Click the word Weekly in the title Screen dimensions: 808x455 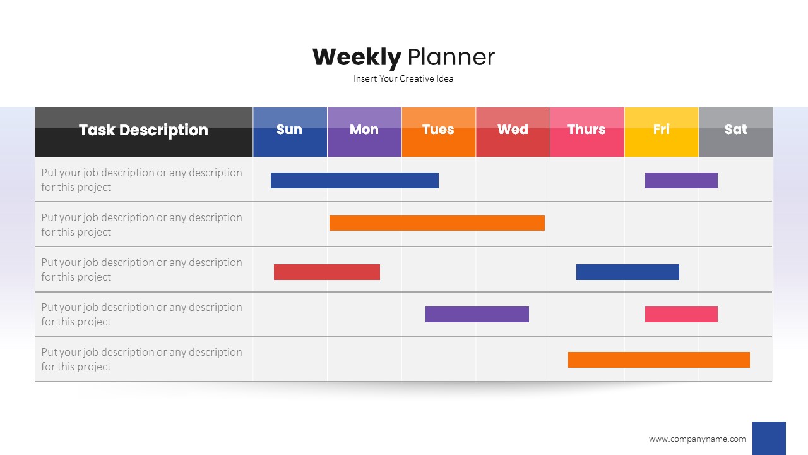pos(357,58)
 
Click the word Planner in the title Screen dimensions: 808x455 pos(451,57)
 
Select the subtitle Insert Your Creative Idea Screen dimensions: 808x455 pos(403,79)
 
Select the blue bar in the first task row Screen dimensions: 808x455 pos(355,180)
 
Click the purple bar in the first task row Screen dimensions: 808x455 pos(681,180)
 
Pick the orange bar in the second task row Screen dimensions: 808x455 pos(437,223)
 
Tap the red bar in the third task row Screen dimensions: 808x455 pos(327,272)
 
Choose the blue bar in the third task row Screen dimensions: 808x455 pos(627,272)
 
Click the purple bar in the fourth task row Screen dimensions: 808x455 pos(477,314)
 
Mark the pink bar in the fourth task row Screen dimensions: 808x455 pos(681,314)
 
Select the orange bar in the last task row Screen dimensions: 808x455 pos(659,360)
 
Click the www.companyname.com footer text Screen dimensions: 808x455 pos(698,439)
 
